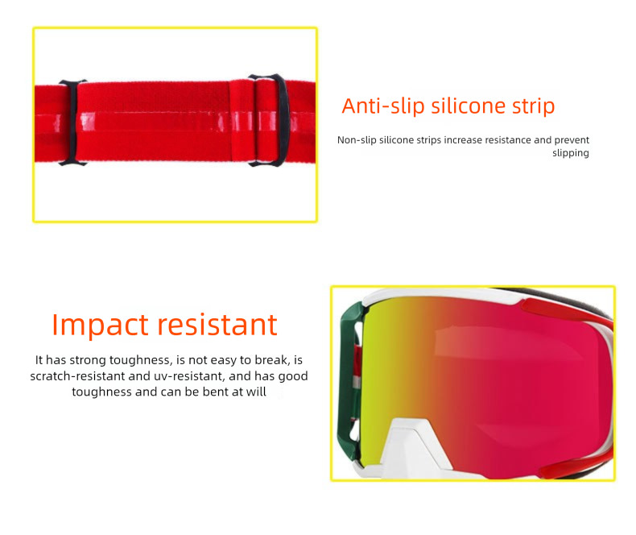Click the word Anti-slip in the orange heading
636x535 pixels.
pyautogui.click(x=383, y=106)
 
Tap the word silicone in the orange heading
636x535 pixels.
pyautogui.click(x=468, y=106)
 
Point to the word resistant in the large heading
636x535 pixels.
pyautogui.click(x=217, y=325)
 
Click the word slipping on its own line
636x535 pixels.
pyautogui.click(x=570, y=153)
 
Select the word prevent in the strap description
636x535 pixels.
pyautogui.click(x=572, y=140)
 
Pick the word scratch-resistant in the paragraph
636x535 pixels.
pyautogui.click(x=77, y=376)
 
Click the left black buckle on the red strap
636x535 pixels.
pyautogui.click(x=72, y=122)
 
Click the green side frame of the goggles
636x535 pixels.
pyautogui.click(x=348, y=382)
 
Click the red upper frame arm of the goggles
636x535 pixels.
pyautogui.click(x=568, y=313)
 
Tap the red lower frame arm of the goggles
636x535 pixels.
pyautogui.click(x=576, y=467)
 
